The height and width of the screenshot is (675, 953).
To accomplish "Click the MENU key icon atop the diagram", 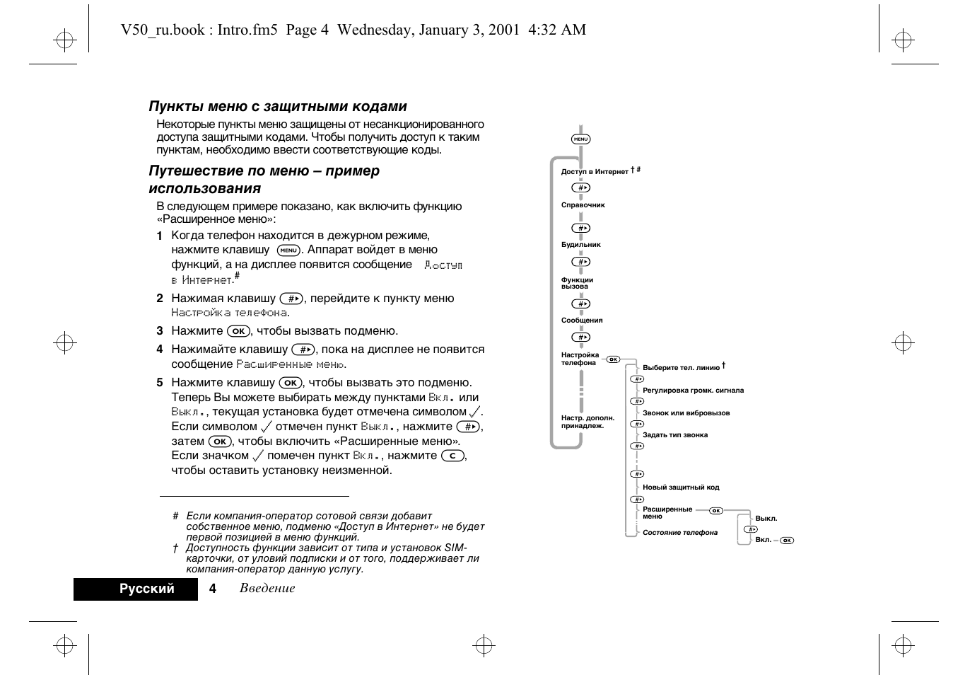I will coord(581,139).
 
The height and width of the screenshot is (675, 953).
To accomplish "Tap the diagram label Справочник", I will coord(583,205).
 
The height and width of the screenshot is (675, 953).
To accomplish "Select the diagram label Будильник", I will coord(581,245).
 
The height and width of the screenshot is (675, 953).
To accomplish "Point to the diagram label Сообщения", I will coord(582,321).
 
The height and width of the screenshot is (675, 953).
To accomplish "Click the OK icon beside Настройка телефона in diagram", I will coord(613,359).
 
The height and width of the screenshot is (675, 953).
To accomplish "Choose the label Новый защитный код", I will coord(681,487).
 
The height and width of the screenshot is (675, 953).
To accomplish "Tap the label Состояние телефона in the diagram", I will coord(680,533).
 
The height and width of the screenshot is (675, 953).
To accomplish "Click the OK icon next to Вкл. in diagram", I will coord(787,541).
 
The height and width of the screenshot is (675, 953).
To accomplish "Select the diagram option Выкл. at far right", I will coord(766,519).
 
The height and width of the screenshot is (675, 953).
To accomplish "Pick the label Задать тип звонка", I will coord(675,435).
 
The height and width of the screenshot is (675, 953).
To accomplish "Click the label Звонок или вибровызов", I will coord(686,413).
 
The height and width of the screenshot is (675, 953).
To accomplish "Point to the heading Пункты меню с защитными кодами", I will coord(278,107).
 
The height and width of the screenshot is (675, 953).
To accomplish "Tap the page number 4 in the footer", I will coord(213,589).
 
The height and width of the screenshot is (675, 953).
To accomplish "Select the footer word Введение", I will coord(267,589).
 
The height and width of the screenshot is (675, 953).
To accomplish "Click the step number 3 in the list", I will coord(160,331).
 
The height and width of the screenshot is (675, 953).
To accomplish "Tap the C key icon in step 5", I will coord(452,456).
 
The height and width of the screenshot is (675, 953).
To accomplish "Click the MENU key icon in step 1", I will coord(288,250).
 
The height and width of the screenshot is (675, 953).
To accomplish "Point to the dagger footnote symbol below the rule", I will coord(175,548).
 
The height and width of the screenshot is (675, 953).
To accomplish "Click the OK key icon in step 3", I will coord(239,331).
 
